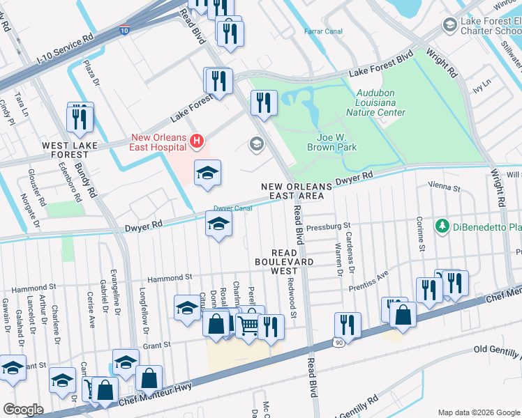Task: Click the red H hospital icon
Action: click(197, 142)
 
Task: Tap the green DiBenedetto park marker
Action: click(441, 226)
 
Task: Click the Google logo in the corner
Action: click(24, 409)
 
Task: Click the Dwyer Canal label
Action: click(232, 208)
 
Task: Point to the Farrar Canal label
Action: click(322, 31)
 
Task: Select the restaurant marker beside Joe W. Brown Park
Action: click(264, 102)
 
